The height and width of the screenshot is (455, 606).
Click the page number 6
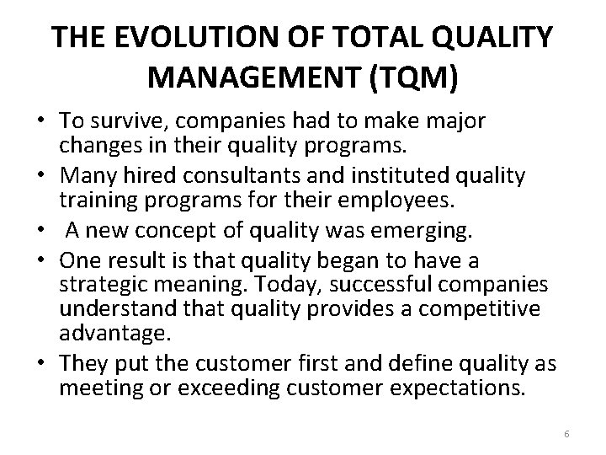tap(567, 432)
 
